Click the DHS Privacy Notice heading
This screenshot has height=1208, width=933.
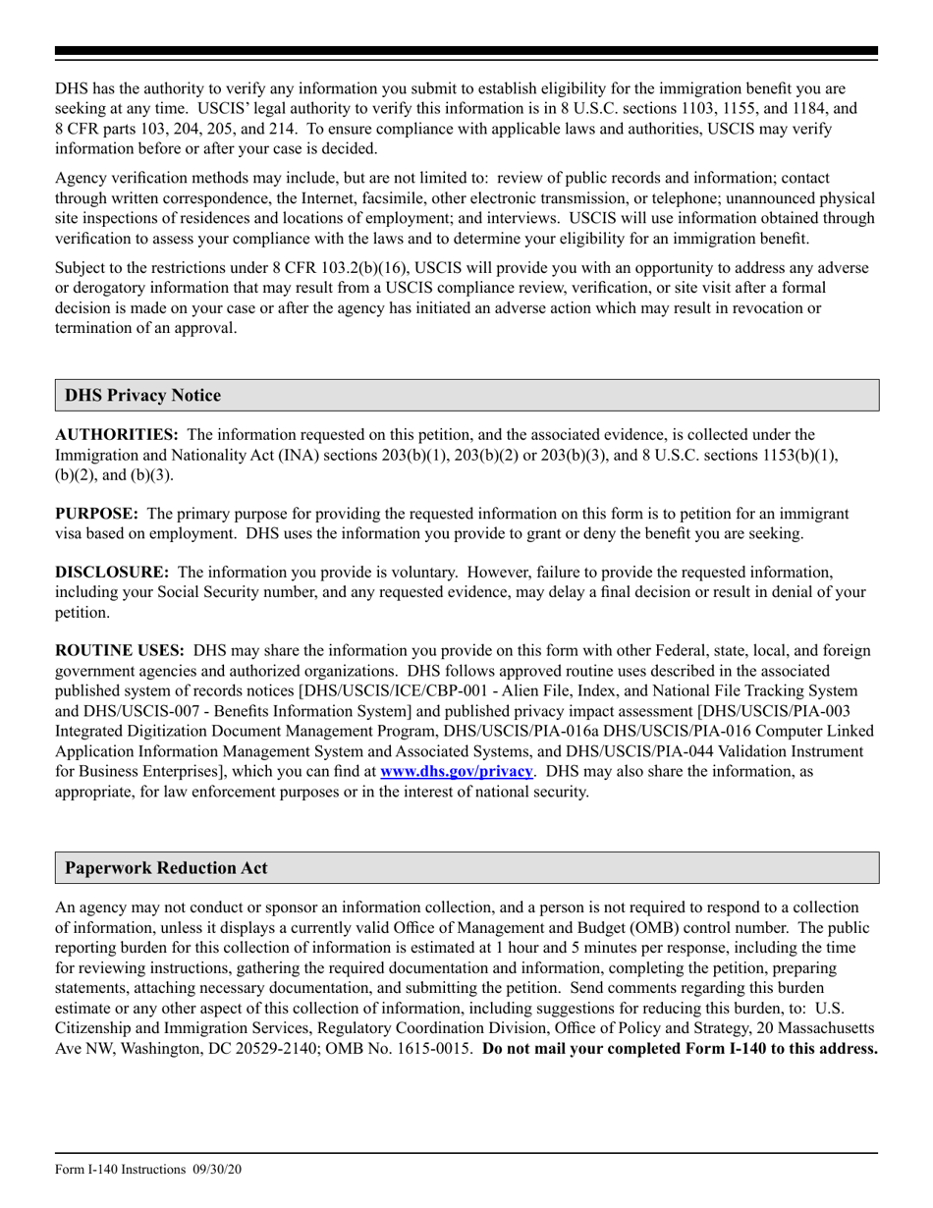point(142,396)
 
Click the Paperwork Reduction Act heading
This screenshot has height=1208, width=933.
point(166,868)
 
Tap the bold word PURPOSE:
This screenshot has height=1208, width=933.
point(96,514)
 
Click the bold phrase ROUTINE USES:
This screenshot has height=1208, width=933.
point(120,650)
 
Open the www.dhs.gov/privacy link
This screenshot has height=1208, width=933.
point(456,772)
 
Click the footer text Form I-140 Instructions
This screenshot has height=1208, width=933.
point(120,1169)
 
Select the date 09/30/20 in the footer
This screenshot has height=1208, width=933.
point(215,1169)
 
